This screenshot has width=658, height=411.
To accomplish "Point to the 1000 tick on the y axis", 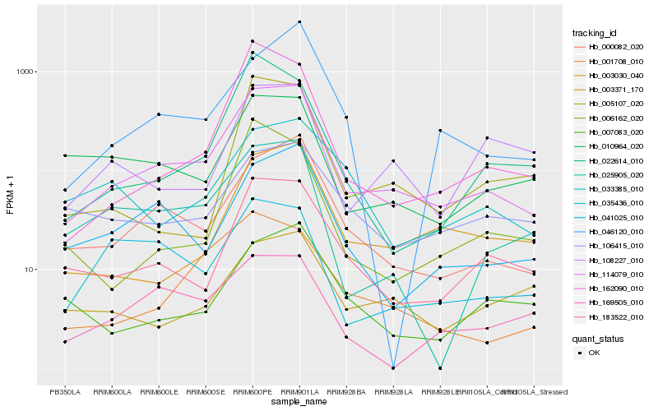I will [22, 72].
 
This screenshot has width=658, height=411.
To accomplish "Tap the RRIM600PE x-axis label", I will [253, 392].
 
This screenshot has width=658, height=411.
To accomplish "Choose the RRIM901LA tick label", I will [299, 392].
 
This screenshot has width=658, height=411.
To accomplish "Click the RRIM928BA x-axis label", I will [346, 392].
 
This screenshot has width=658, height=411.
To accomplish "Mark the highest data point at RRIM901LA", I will [299, 22].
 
